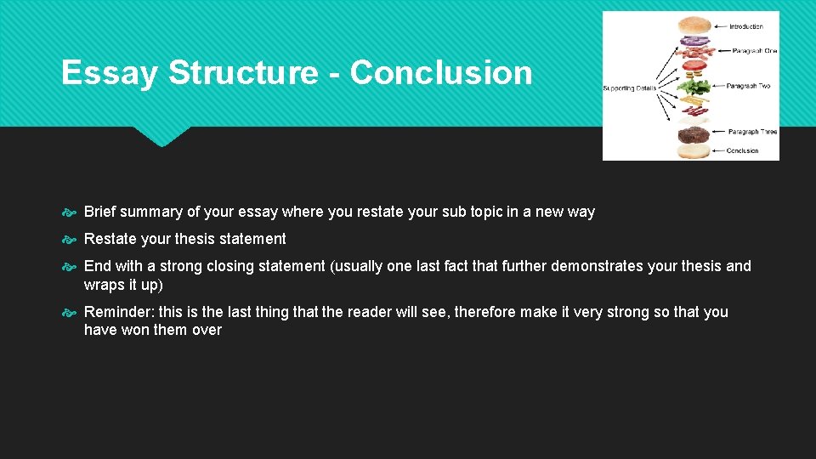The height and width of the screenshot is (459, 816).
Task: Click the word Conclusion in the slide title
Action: coord(440,73)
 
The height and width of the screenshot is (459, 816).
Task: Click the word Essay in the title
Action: coord(109,73)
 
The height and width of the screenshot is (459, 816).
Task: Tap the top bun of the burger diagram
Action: coord(694,25)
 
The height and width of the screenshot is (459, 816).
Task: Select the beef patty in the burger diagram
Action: coord(694,134)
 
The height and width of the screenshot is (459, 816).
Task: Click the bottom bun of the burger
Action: coord(694,150)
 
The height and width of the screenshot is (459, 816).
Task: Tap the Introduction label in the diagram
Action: coord(746,26)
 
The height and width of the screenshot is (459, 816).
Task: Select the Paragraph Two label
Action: coord(748,86)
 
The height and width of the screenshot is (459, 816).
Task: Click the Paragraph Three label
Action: coord(751,132)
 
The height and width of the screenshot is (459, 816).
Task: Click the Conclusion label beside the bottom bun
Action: coord(742,151)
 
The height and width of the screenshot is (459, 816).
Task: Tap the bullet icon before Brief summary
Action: coord(71,212)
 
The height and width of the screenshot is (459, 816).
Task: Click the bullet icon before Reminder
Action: coord(71,313)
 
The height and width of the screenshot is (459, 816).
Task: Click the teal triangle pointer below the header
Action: coord(161,137)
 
